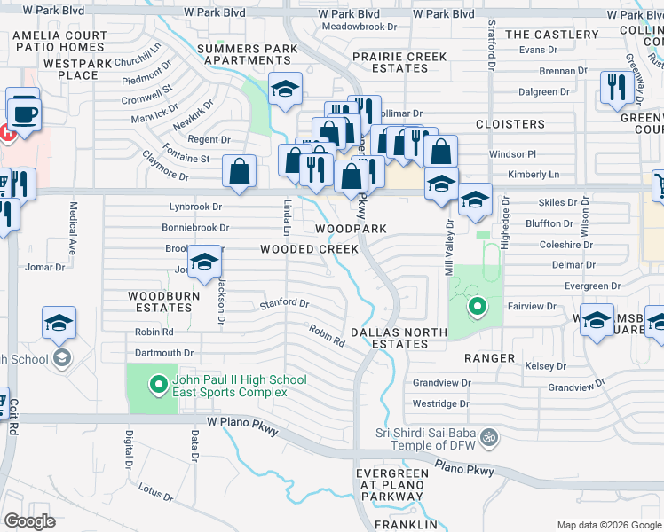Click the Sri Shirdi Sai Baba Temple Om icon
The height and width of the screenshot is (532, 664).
(487, 436)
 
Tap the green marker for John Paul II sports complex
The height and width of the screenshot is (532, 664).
(159, 385)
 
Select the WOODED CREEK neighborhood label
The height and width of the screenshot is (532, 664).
(309, 249)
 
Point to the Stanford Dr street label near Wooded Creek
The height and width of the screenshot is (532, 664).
(284, 303)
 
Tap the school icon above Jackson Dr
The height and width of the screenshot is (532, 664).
(205, 263)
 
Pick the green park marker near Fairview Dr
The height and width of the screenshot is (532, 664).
(478, 307)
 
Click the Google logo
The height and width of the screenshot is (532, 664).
(29, 520)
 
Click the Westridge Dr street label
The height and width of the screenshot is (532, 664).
(440, 403)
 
